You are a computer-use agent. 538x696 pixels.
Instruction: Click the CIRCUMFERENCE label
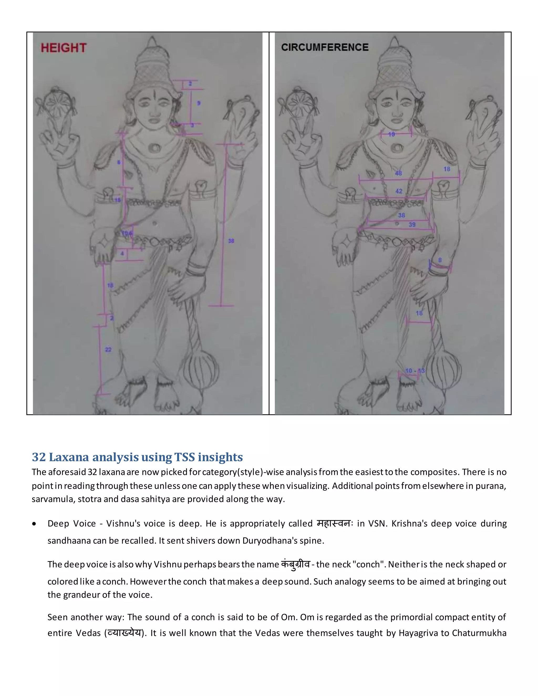point(324,47)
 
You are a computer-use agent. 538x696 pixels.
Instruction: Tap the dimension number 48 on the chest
point(399,173)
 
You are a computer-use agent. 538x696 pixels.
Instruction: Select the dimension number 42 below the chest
point(399,191)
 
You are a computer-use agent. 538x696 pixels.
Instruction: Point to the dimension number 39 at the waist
point(412,225)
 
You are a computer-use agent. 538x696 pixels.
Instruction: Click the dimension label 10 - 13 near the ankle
point(415,371)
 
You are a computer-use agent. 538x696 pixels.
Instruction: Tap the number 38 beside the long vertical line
point(231,241)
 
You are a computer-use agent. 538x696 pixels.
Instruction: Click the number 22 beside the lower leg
point(108,350)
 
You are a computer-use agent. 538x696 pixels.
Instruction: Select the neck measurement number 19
point(391,134)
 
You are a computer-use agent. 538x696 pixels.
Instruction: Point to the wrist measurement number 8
point(440,260)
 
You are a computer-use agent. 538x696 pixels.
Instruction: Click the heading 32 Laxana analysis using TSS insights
point(137,457)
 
